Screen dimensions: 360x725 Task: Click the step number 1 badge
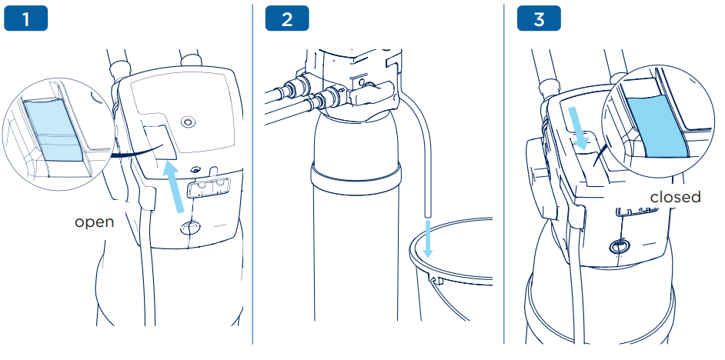tap(25, 19)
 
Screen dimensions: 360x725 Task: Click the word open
tap(94, 222)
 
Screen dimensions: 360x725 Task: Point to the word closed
tap(675, 197)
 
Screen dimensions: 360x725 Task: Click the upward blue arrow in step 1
tap(177, 185)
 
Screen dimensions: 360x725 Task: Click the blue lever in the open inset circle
tap(52, 131)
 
